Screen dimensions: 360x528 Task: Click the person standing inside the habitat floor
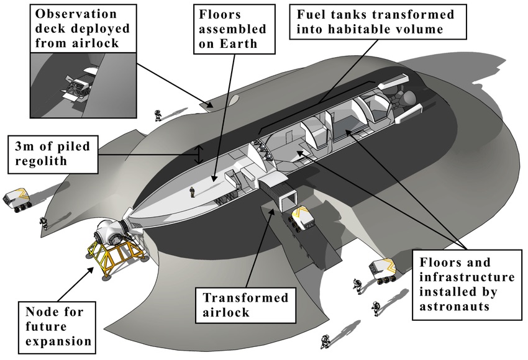click(x=193, y=192)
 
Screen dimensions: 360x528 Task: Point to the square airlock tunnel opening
click(x=286, y=200)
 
